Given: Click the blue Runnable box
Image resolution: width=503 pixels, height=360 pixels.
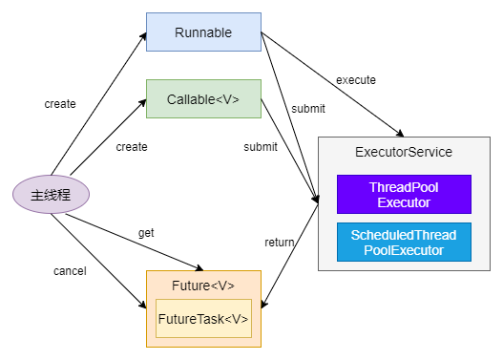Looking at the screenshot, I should (x=203, y=32).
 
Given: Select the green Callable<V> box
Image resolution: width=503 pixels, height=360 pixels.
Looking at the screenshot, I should (x=203, y=98).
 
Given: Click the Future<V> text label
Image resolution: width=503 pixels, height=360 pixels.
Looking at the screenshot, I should (x=202, y=286).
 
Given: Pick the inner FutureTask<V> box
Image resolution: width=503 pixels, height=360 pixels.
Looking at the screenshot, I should (x=203, y=318).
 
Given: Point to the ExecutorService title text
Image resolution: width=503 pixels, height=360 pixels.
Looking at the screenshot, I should (x=403, y=152).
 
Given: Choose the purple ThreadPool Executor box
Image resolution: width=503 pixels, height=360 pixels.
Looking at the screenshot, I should (x=404, y=194).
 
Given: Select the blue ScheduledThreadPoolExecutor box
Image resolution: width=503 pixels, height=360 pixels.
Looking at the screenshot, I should (x=404, y=243).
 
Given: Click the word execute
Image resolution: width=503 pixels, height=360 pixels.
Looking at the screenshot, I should (x=356, y=79).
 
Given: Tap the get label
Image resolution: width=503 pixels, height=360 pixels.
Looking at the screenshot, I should (x=146, y=232).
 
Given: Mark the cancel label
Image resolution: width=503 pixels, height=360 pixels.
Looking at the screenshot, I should (x=70, y=271).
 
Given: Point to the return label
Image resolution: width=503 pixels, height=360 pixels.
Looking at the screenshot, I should (x=279, y=243).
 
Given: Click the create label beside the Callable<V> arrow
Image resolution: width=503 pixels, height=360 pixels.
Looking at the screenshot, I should (x=132, y=147).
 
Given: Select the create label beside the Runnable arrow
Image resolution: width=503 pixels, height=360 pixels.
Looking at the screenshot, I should (x=60, y=103).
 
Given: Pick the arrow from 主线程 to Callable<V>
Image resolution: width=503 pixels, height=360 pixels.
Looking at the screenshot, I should (x=105, y=143).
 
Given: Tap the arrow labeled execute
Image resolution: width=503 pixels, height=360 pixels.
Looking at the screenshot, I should (x=334, y=86).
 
